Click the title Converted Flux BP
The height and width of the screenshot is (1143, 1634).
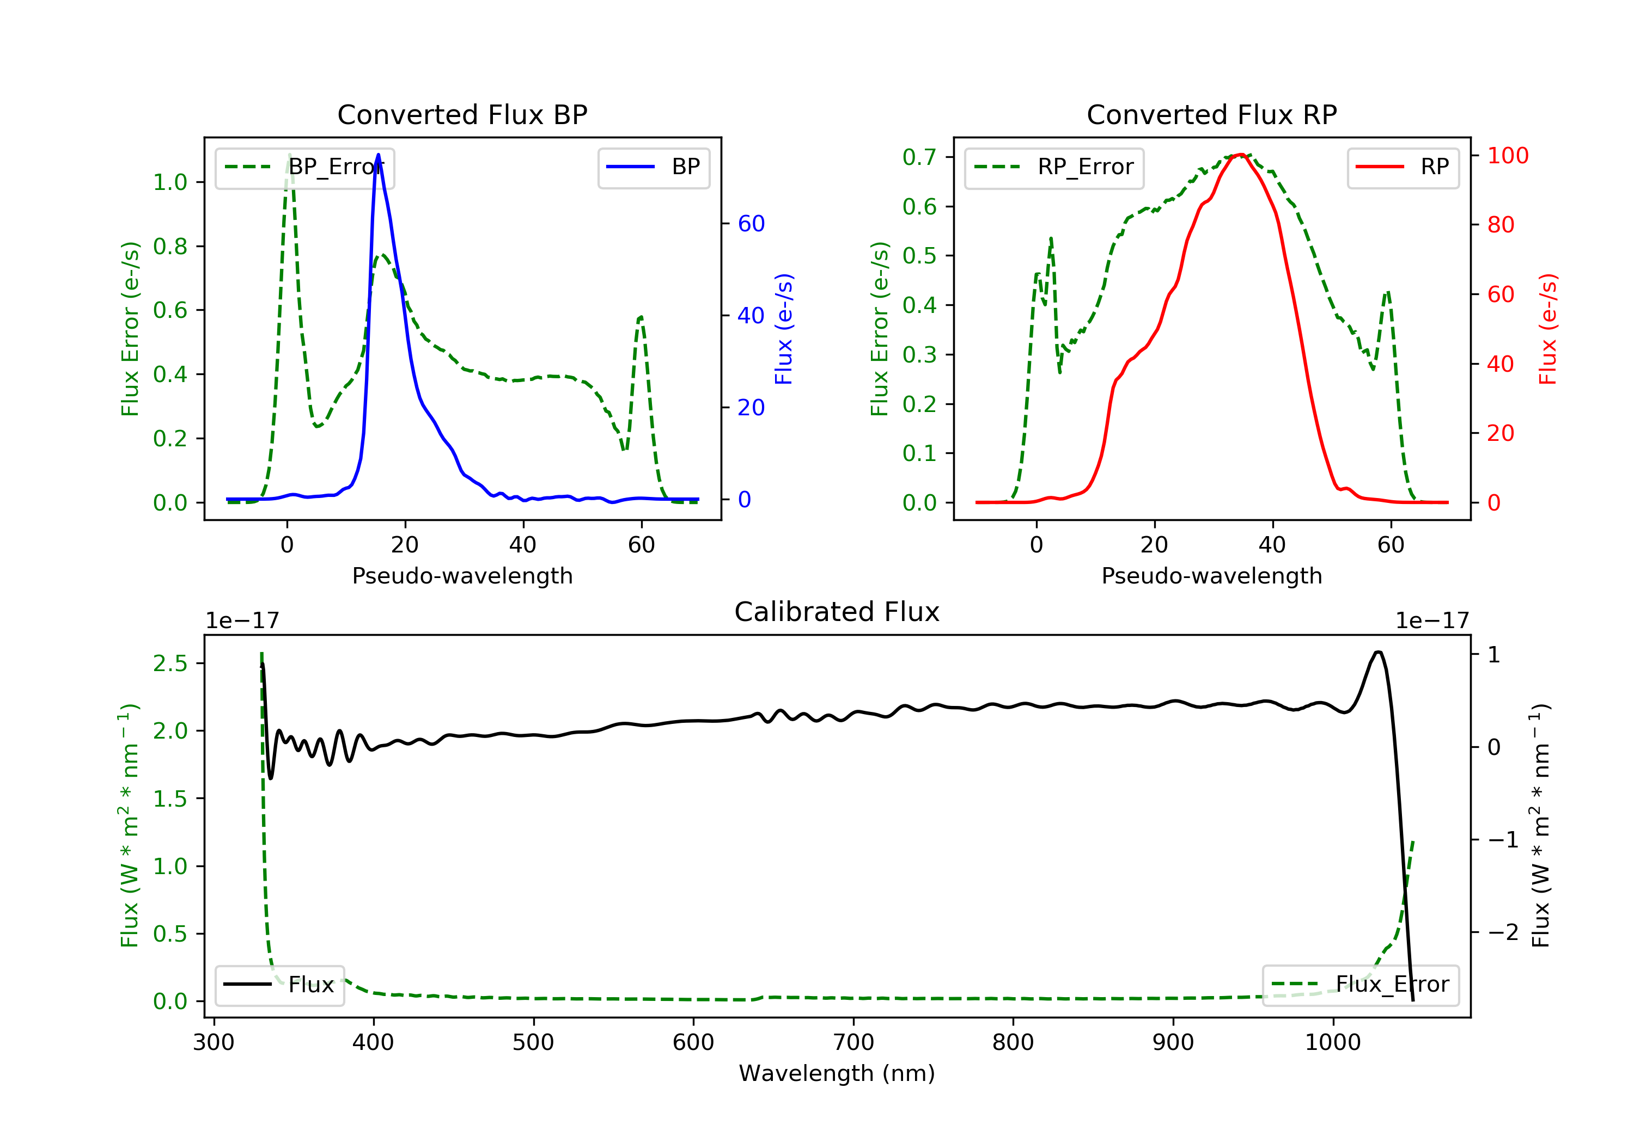pyautogui.click(x=462, y=114)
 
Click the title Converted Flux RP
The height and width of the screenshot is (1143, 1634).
pyautogui.click(x=1211, y=114)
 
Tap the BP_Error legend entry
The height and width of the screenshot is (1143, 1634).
pyautogui.click(x=304, y=167)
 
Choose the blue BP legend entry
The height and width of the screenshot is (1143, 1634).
pyautogui.click(x=653, y=167)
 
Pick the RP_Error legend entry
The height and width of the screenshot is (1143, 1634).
pyautogui.click(x=1053, y=167)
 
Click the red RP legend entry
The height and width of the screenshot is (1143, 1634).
pyautogui.click(x=1402, y=167)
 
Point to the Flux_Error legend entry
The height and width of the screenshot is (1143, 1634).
pyautogui.click(x=1360, y=985)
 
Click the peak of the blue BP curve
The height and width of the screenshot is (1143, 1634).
pyautogui.click(x=378, y=155)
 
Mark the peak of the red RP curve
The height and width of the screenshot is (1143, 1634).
pyautogui.click(x=1240, y=155)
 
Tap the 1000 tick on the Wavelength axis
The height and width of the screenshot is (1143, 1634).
pyautogui.click(x=1332, y=1042)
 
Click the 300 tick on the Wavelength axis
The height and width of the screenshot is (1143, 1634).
pyautogui.click(x=214, y=1042)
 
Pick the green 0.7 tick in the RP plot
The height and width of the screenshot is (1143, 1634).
pyautogui.click(x=919, y=157)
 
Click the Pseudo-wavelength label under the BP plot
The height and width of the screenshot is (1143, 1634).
pyautogui.click(x=462, y=575)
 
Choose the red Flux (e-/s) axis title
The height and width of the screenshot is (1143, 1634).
pyautogui.click(x=1547, y=329)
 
